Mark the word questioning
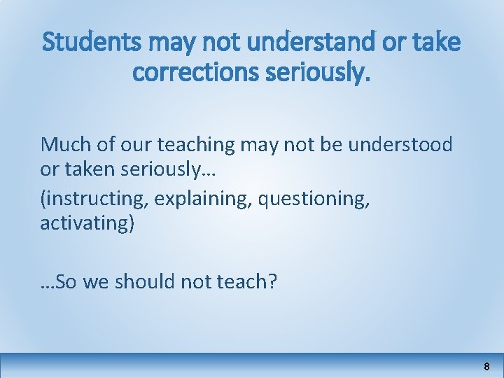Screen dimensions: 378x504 313,199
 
